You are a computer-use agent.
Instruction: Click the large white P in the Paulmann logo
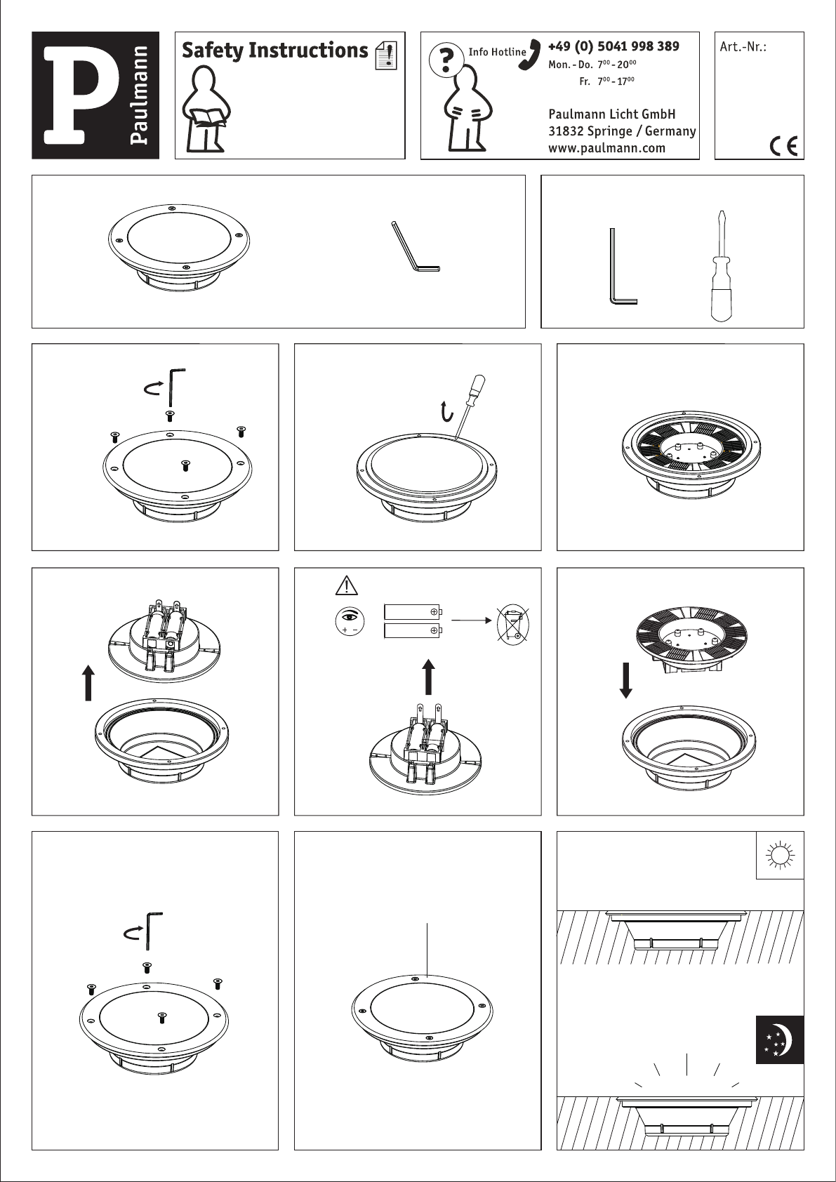click(79, 95)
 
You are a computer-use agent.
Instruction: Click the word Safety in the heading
click(212, 51)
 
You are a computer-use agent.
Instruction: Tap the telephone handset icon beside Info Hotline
click(530, 54)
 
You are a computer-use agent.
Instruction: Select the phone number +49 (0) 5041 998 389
click(613, 46)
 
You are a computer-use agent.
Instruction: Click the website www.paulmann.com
click(606, 148)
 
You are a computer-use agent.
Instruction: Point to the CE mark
click(783, 146)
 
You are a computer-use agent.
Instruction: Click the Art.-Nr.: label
click(743, 46)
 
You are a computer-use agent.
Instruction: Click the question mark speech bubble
click(446, 59)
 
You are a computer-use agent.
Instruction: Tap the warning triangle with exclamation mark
click(346, 585)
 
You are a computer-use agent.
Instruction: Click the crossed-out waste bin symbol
click(512, 625)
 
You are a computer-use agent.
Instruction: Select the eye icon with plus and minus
click(350, 620)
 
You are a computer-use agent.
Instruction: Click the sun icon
click(780, 855)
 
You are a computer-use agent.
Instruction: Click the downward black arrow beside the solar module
click(626, 680)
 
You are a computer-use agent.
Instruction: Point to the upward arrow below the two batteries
click(429, 677)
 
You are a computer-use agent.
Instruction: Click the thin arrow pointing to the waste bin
click(471, 620)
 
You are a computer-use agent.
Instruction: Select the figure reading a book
click(206, 109)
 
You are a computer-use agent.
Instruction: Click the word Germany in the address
click(670, 131)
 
